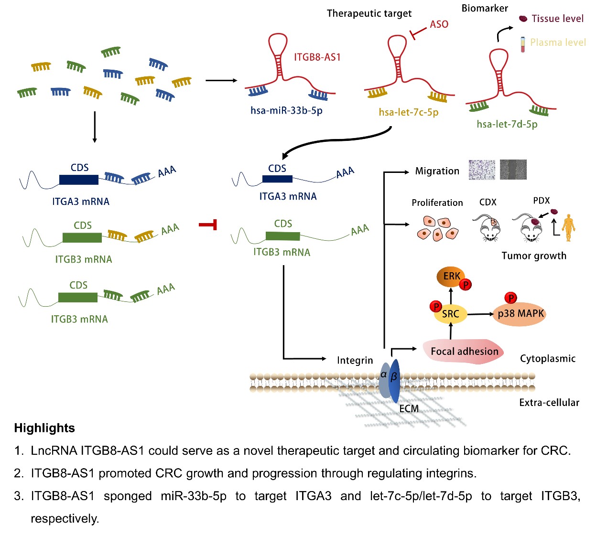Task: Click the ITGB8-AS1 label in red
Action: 317,57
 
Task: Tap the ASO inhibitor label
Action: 439,24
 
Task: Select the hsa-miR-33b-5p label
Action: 286,111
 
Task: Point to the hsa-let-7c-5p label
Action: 408,112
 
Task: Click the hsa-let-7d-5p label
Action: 507,124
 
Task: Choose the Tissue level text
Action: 557,19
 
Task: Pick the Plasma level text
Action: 558,43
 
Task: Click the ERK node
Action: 451,277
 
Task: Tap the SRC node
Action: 450,314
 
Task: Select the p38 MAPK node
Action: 520,314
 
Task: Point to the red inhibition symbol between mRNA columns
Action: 208,224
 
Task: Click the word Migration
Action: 437,171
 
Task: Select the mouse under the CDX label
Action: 488,227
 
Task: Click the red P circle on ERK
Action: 465,285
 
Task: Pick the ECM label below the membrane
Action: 409,409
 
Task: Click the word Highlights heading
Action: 44,428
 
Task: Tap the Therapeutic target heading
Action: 369,13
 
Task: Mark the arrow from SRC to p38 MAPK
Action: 480,314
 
